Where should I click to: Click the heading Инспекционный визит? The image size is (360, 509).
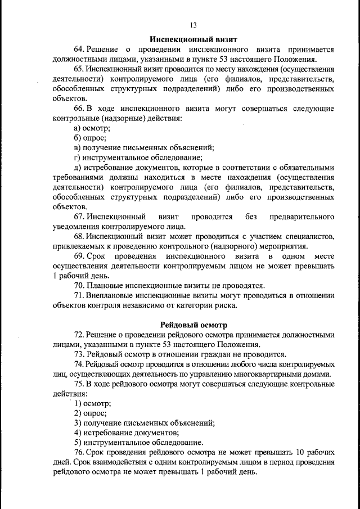point(193,39)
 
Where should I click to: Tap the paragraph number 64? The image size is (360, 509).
point(79,49)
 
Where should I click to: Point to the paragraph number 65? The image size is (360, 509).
point(79,69)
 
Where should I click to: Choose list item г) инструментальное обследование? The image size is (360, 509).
point(138,157)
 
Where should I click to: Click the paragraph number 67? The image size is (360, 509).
point(79,217)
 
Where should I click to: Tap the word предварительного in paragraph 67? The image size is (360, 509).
point(303,217)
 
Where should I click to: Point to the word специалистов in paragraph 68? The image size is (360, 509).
point(311,236)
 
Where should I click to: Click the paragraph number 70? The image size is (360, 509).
point(79,286)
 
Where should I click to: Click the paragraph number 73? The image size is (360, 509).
point(79,354)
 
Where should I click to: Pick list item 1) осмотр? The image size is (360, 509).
point(92,404)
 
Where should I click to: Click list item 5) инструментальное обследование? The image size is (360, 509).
point(138,442)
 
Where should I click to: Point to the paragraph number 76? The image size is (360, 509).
point(79,452)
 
